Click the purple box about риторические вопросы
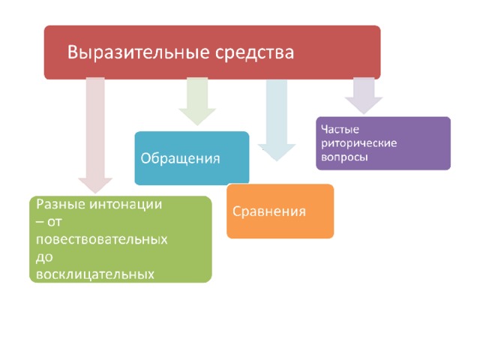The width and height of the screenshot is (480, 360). click(x=382, y=142)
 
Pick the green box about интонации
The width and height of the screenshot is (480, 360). click(x=120, y=238)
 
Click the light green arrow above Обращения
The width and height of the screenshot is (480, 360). click(x=196, y=101)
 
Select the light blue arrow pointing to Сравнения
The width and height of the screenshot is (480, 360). click(x=276, y=120)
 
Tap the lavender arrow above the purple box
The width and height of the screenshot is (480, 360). click(x=364, y=96)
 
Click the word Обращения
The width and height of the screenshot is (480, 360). click(x=180, y=158)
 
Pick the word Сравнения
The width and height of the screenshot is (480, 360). click(x=269, y=211)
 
